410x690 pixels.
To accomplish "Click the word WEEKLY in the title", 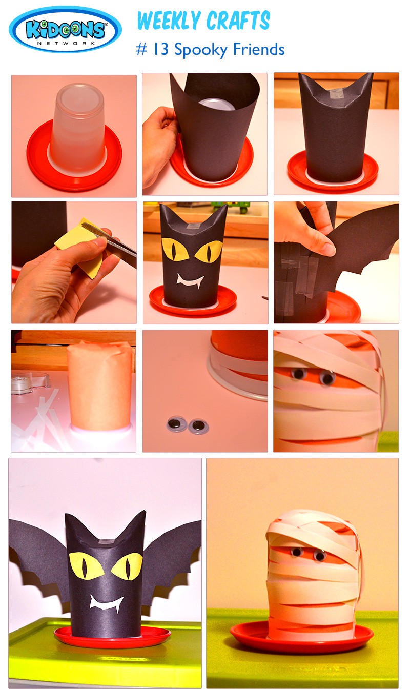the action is point(169,21).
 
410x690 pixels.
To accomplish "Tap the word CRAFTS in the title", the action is point(238,21).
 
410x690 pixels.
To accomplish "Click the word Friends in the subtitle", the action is point(259,49).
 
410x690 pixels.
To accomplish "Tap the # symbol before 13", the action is point(141,50).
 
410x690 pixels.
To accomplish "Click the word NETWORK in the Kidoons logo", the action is point(66,44).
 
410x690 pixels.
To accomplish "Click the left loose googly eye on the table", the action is point(176,424).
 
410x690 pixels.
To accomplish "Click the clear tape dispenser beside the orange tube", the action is point(30,383).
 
